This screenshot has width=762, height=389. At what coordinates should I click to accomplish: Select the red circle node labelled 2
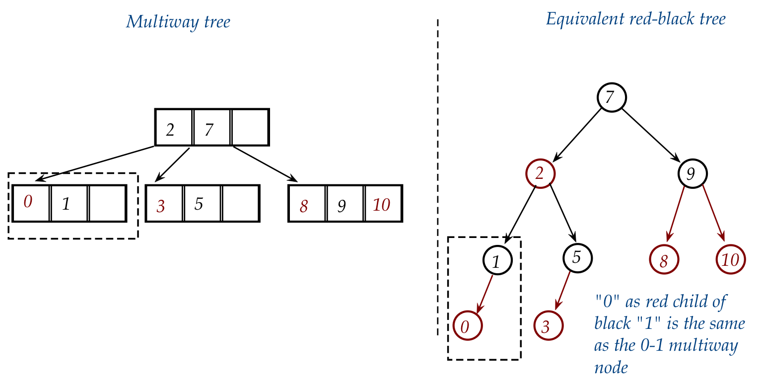(x=540, y=173)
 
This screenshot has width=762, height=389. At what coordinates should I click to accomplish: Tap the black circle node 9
(x=693, y=173)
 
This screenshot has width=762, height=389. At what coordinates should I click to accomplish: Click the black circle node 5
(x=578, y=257)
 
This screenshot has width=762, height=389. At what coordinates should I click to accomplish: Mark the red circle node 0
(x=467, y=326)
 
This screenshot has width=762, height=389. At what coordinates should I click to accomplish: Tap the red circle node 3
(x=548, y=326)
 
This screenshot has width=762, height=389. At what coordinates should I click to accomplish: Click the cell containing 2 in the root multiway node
(x=174, y=127)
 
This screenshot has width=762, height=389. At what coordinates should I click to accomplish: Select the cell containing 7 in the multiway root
(x=212, y=127)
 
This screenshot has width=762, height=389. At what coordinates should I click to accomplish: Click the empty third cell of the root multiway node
(x=250, y=127)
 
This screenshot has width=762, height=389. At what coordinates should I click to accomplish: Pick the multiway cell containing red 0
(x=31, y=203)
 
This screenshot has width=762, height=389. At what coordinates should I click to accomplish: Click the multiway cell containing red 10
(x=383, y=203)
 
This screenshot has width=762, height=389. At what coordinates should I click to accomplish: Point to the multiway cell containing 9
(x=345, y=203)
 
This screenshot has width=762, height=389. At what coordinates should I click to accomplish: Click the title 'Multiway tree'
(x=178, y=22)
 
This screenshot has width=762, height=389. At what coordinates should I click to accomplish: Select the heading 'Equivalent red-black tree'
(x=636, y=19)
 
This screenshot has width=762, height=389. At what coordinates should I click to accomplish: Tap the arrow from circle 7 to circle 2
(x=577, y=134)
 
